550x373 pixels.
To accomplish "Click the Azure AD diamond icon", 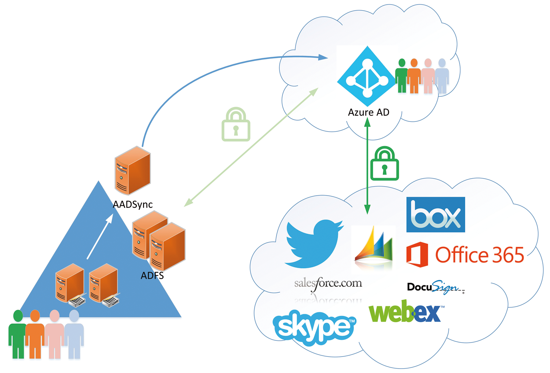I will coord(368,76).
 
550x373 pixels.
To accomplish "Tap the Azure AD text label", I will coord(368,113).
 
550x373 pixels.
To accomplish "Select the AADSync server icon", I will coord(132,171).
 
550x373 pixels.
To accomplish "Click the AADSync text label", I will coord(132,204).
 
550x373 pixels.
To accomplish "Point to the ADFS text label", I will coord(152,275).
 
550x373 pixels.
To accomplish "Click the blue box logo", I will coord(435,215).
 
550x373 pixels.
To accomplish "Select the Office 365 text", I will coord(480,255).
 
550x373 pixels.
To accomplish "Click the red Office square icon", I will coord(417,255).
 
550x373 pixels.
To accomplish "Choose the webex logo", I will coord(406,312).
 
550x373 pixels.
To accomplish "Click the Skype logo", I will coord(314,327).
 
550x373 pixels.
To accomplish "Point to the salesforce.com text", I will coord(328,284).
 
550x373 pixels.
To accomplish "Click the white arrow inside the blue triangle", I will coord(100,237).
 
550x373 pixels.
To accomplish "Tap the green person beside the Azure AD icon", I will coord(401,76).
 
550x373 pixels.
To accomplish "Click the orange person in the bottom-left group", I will coord(35,334).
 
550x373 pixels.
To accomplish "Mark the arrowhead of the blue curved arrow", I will coord(323,57).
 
